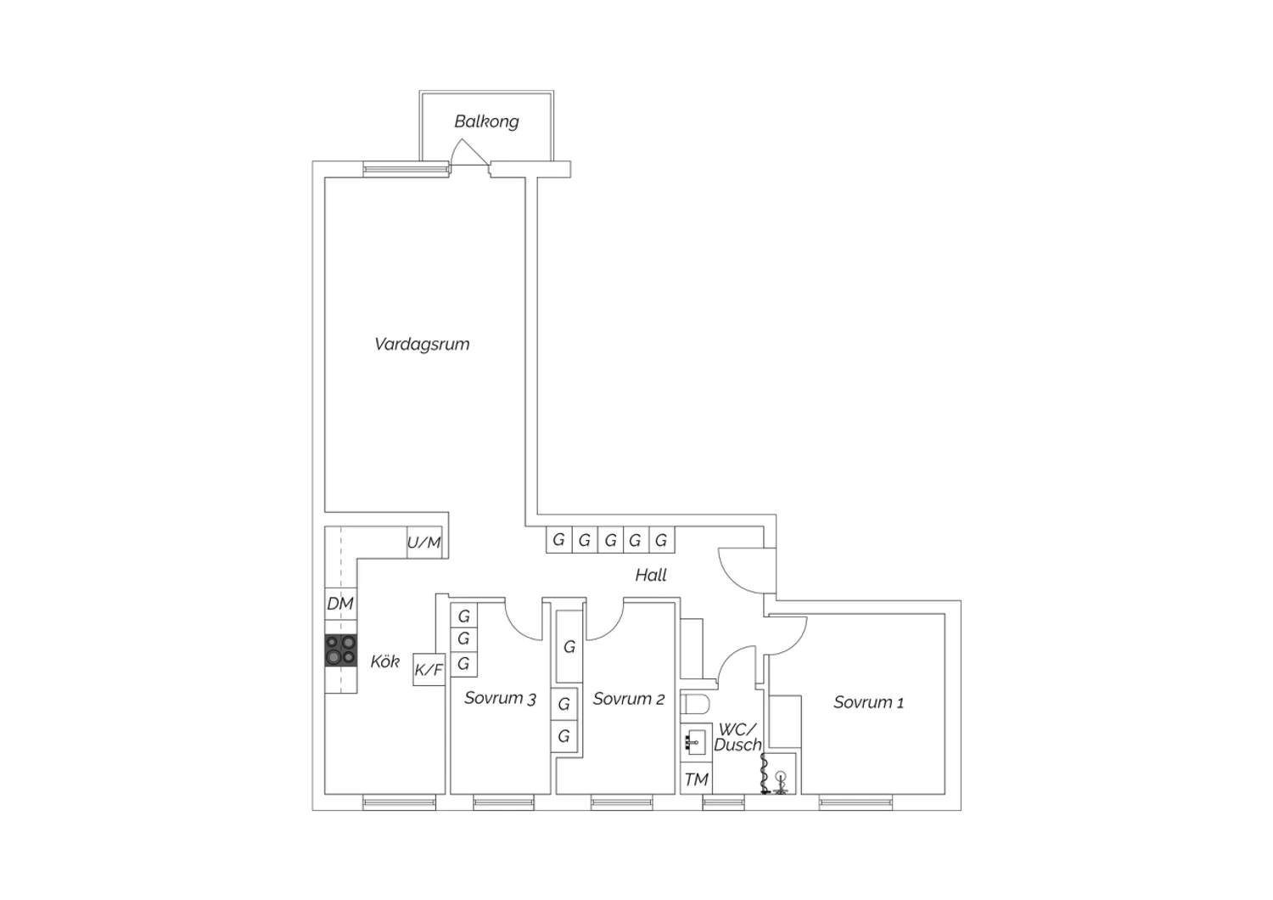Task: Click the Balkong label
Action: click(x=486, y=121)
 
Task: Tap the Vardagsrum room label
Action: click(x=423, y=344)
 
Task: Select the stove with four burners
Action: click(x=341, y=650)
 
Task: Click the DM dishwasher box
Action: click(x=340, y=603)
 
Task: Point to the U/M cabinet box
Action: click(x=424, y=543)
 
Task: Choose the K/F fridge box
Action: click(x=429, y=669)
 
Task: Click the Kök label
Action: click(x=384, y=661)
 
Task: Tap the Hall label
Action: click(x=651, y=576)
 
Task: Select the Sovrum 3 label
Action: click(x=500, y=698)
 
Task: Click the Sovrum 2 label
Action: click(x=629, y=699)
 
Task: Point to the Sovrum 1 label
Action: click(x=868, y=703)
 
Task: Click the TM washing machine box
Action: click(x=696, y=779)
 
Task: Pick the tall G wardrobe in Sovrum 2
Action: click(x=569, y=646)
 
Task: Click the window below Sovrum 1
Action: click(x=855, y=802)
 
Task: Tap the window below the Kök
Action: click(x=400, y=802)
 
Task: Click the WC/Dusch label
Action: click(x=737, y=737)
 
